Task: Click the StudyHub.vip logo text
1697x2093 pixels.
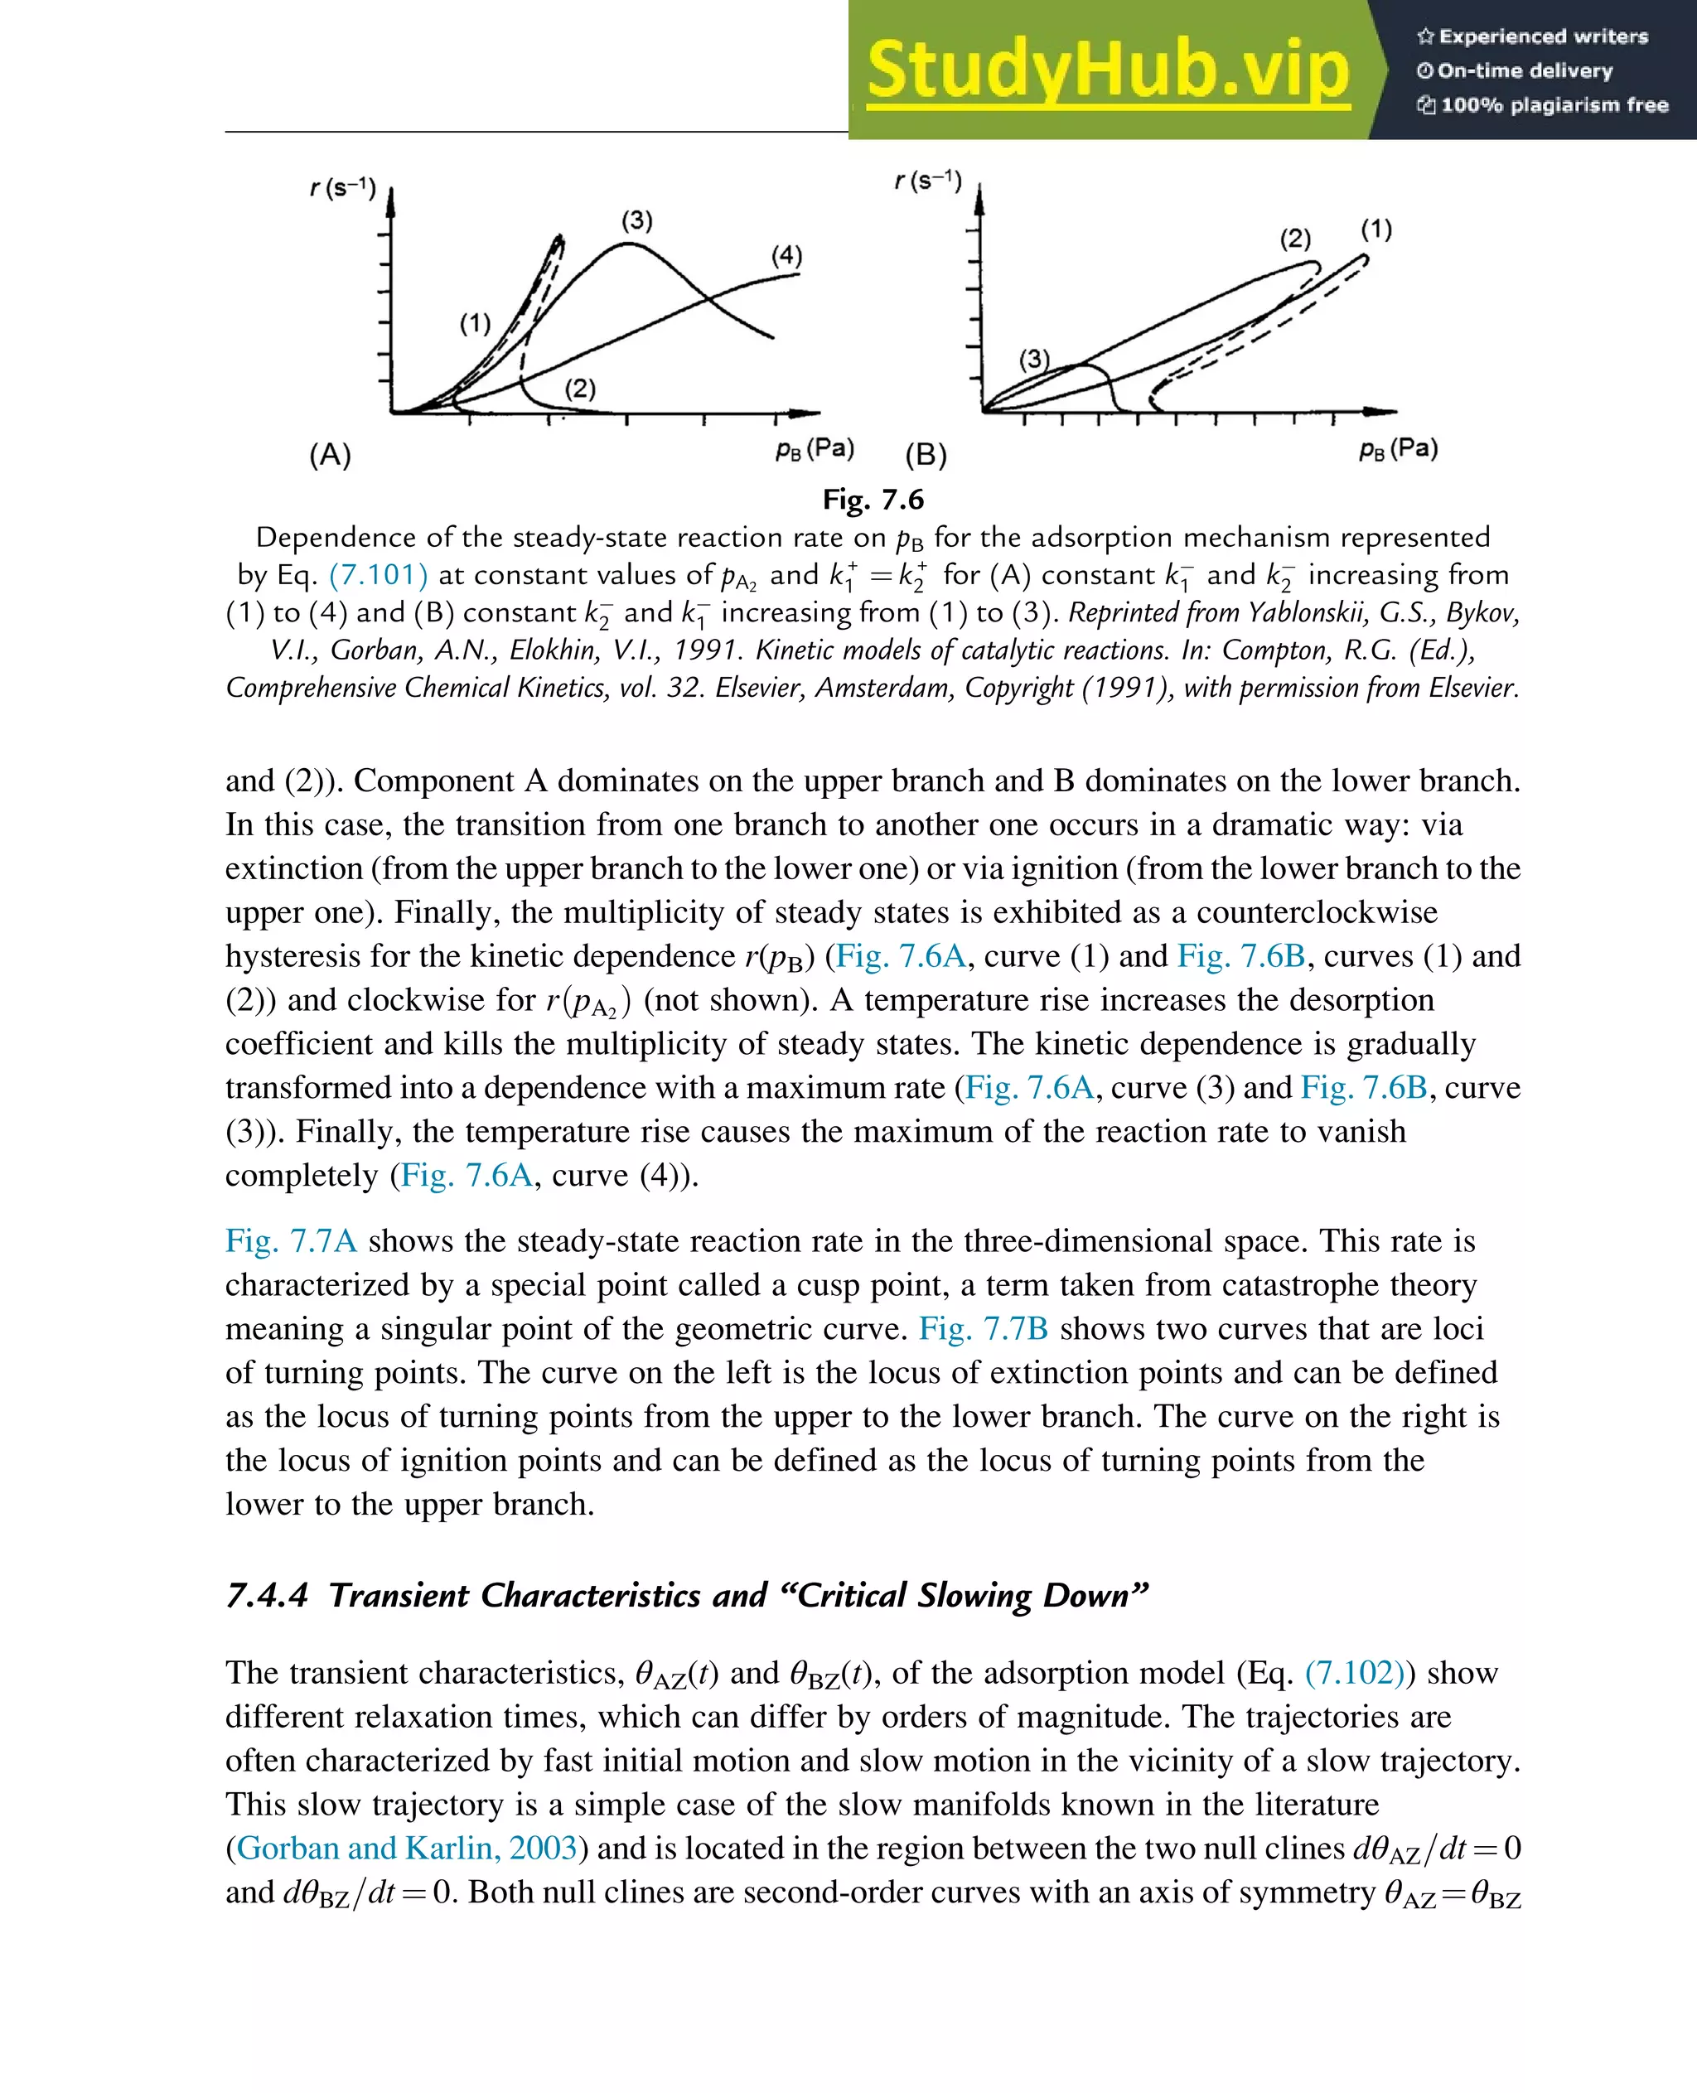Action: [x=1108, y=70]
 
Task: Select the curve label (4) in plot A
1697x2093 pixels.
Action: [x=787, y=256]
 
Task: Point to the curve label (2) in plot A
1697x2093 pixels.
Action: [x=580, y=389]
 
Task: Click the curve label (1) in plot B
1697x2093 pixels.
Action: [x=1376, y=230]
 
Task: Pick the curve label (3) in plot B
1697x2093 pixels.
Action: [x=1034, y=359]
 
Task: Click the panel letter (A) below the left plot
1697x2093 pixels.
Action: [x=331, y=455]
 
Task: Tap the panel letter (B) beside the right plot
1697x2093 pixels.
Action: [x=926, y=455]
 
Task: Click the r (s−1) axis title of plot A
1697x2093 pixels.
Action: [x=343, y=186]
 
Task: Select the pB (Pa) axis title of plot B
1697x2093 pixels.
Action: [x=1398, y=449]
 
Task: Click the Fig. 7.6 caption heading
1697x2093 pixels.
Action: [x=873, y=500]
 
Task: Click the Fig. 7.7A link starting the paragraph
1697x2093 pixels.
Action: [x=290, y=1240]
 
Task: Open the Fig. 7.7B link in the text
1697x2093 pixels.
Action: [x=984, y=1328]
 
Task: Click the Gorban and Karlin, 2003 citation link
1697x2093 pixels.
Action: [x=407, y=1848]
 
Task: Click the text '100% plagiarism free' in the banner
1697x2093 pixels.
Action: [x=1554, y=104]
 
